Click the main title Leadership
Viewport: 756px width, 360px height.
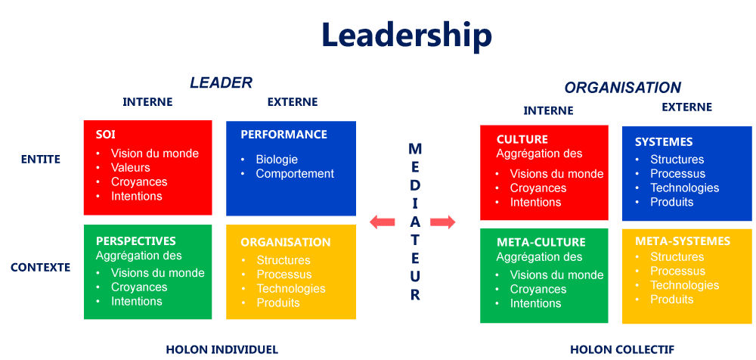tap(406, 35)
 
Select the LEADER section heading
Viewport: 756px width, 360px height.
tap(221, 82)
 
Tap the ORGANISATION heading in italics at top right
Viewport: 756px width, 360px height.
tap(622, 88)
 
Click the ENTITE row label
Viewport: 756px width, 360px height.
tap(41, 159)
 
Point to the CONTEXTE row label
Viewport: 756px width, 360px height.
tap(41, 267)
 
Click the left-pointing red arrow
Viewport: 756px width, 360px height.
tap(383, 222)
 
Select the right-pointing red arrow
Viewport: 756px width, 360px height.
tap(443, 222)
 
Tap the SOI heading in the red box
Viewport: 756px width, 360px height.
tap(105, 135)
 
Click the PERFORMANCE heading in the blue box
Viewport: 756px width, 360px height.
tap(283, 135)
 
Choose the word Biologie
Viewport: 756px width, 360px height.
tap(277, 160)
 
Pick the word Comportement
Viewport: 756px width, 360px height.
tap(295, 174)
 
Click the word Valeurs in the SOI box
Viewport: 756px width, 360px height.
tap(131, 168)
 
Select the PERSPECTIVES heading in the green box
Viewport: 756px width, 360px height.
tap(135, 241)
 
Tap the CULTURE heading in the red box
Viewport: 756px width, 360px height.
tap(522, 140)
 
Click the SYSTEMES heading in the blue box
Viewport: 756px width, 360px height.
tap(664, 142)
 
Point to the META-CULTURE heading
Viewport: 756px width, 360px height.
tap(541, 243)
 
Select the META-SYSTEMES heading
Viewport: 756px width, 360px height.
tap(683, 241)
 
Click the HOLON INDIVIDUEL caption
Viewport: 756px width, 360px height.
tap(222, 349)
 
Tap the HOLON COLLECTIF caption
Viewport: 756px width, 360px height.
tap(622, 349)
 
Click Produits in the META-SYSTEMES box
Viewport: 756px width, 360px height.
tap(672, 299)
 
